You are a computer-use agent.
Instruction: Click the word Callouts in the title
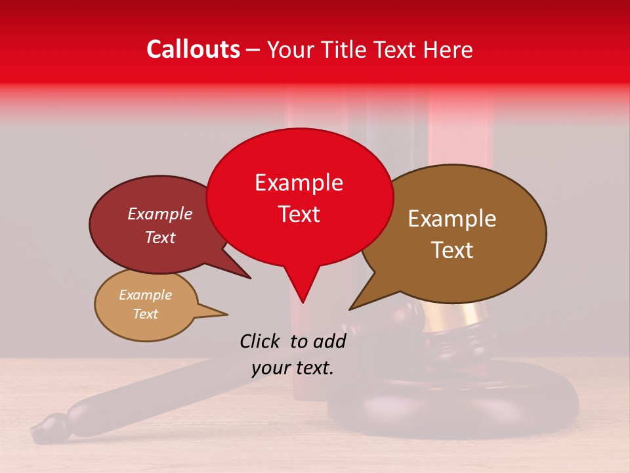pos(193,49)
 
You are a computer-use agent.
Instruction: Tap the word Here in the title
pos(448,49)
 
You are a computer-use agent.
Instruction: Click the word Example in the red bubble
pos(299,183)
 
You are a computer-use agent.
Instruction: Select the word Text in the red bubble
pos(299,214)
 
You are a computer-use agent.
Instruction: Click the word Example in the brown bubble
pos(452,219)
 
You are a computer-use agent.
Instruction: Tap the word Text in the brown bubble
pos(452,250)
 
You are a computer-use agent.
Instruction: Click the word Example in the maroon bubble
pos(160,214)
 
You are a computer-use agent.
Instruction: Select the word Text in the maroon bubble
pos(160,237)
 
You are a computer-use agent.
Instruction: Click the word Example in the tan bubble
pos(146,295)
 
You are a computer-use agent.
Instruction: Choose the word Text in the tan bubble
pos(146,314)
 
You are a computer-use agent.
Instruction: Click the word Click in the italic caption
pos(261,341)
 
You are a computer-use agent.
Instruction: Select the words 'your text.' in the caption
pos(293,369)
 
